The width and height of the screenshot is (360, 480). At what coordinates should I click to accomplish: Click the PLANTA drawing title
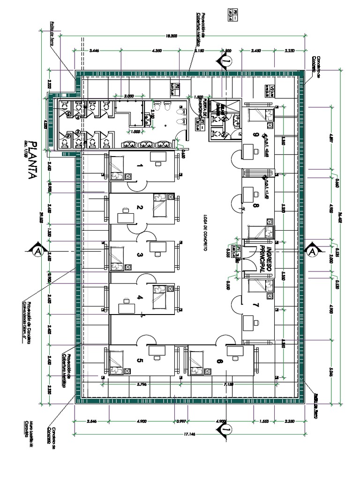32,160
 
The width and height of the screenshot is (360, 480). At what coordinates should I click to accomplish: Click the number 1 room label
140,166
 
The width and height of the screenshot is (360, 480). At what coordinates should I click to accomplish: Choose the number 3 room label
140,255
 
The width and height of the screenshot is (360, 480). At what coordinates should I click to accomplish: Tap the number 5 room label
140,360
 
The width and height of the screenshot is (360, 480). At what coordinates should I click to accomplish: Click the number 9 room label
256,135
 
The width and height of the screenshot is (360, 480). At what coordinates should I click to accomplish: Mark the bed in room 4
160,297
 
